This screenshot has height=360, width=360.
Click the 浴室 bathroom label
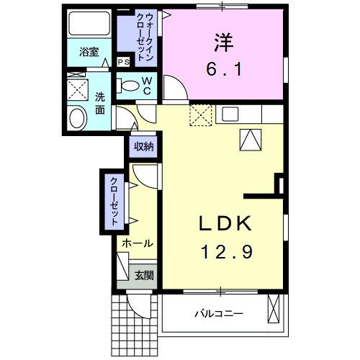point(89,53)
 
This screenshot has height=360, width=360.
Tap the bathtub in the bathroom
point(89,25)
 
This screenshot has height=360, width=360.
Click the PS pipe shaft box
point(122,62)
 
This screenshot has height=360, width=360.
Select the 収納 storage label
point(144,146)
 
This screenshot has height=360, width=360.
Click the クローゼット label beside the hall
point(114,202)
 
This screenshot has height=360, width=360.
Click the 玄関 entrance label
point(144,275)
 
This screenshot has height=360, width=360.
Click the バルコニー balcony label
point(219,314)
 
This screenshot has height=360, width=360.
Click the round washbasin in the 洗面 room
point(76,118)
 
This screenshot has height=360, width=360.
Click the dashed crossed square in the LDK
point(199,114)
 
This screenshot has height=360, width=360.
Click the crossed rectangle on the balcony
point(274,310)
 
